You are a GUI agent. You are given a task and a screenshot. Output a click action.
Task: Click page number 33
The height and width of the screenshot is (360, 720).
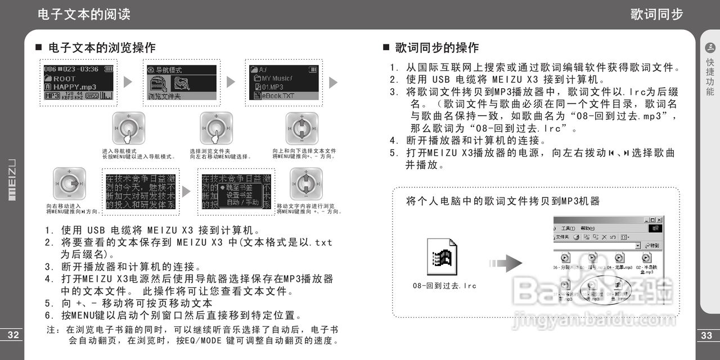[706, 336]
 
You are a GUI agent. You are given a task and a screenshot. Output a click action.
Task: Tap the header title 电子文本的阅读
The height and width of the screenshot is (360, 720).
[84, 15]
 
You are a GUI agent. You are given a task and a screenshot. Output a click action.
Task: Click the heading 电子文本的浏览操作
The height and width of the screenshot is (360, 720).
[102, 48]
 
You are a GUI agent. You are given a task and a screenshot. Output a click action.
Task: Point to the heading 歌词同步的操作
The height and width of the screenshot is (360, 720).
[436, 48]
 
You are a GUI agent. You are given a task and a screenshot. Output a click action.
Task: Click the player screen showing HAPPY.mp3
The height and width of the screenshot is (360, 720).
[78, 82]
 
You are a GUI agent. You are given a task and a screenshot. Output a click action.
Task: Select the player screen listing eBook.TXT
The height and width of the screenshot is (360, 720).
[283, 82]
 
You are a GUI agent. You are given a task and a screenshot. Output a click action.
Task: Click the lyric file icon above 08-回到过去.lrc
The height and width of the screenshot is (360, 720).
[442, 259]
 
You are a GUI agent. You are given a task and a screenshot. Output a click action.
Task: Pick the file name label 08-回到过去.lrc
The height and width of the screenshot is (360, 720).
[444, 286]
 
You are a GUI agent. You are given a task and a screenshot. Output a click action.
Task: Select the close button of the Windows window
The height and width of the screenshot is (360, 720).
[659, 220]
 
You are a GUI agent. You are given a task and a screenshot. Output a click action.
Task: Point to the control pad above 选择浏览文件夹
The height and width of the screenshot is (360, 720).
[217, 128]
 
